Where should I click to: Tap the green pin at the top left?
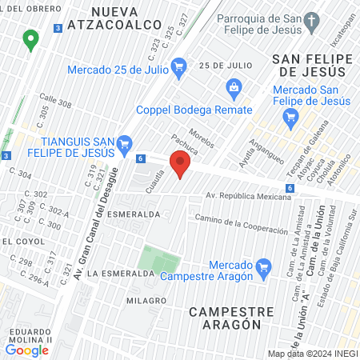pos(31,38)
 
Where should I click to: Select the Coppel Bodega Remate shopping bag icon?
pos(234,86)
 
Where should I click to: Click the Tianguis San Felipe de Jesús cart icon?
pos(124,145)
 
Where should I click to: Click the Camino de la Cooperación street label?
pos(241,225)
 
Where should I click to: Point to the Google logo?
pos(27,350)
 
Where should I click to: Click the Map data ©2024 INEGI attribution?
pos(312,354)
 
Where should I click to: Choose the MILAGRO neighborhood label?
pos(145,300)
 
